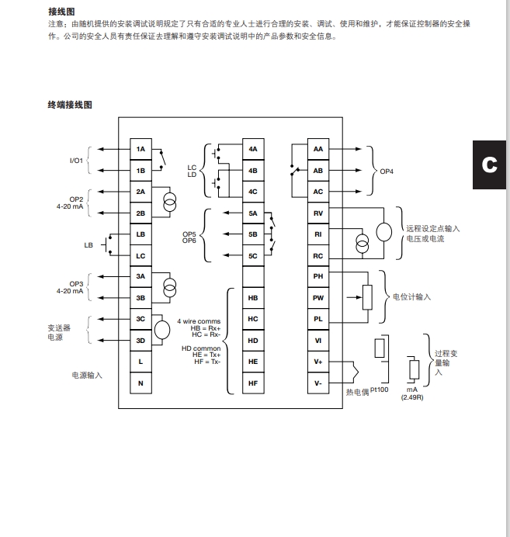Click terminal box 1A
click(141, 148)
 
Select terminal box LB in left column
click(141, 234)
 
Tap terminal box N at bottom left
click(141, 383)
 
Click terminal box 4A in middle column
click(253, 148)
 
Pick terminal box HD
click(253, 340)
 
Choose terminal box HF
click(253, 383)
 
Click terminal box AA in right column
click(318, 148)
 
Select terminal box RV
click(318, 213)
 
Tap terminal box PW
click(318, 297)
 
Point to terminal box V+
click(318, 362)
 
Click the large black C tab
click(489, 165)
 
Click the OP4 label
click(385, 170)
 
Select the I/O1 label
click(76, 160)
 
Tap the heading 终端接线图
click(70, 105)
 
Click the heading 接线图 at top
click(61, 12)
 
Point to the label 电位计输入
click(411, 297)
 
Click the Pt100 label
click(379, 390)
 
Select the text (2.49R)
click(412, 397)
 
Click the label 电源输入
click(87, 375)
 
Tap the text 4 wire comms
click(199, 320)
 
